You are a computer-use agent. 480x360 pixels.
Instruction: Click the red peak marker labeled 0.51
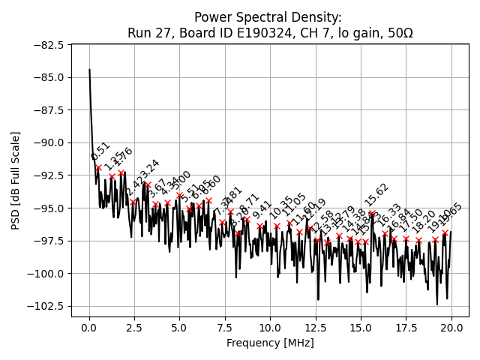(x=98, y=167)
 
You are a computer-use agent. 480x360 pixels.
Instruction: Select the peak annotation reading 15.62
(x=377, y=195)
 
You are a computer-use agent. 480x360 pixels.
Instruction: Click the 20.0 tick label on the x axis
(x=450, y=328)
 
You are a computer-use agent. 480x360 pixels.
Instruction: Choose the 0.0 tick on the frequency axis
(x=89, y=328)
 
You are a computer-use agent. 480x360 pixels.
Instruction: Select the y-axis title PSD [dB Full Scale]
(x=16, y=180)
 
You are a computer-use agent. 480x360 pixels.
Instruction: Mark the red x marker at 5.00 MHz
(x=180, y=196)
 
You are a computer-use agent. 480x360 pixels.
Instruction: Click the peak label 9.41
(x=262, y=210)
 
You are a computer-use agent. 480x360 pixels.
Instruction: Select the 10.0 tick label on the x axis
(x=270, y=328)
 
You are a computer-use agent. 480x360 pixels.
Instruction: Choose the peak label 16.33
(x=390, y=214)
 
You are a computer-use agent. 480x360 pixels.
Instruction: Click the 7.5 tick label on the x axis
(x=225, y=328)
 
